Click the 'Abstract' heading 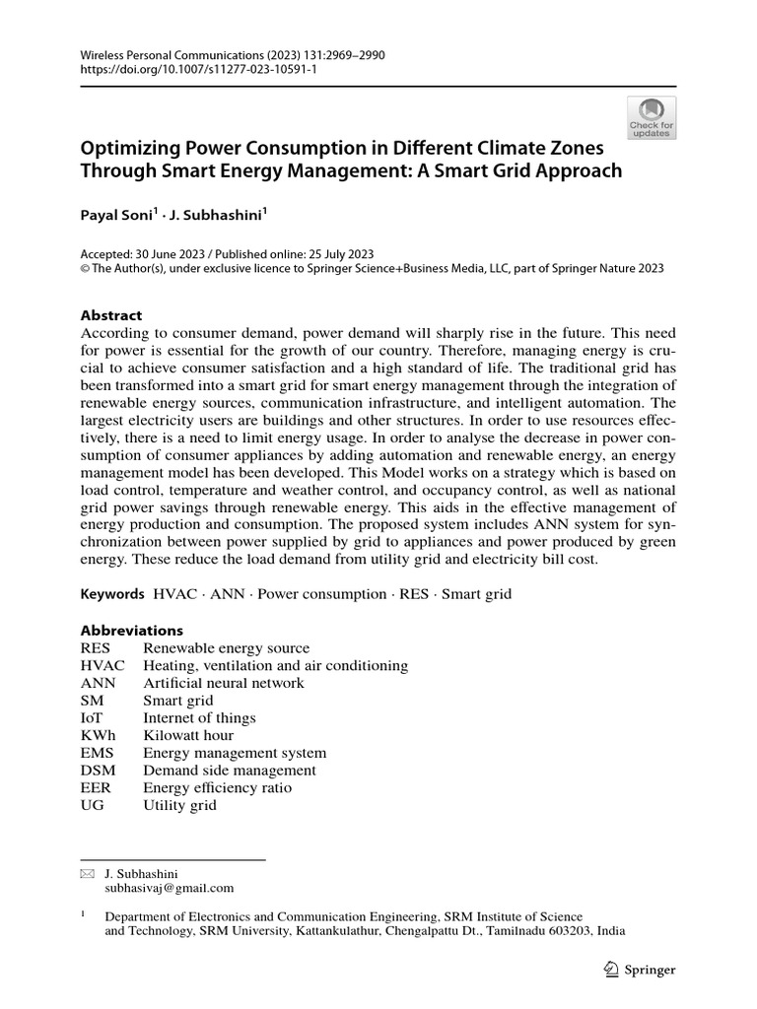coord(110,315)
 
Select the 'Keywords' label coord(112,595)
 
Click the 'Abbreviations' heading coord(131,631)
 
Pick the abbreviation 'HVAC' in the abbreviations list coord(103,666)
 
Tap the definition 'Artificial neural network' coord(224,684)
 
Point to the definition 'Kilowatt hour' coord(188,736)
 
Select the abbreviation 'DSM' coord(98,771)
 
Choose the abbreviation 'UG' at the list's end coord(93,806)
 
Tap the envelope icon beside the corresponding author coord(87,874)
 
